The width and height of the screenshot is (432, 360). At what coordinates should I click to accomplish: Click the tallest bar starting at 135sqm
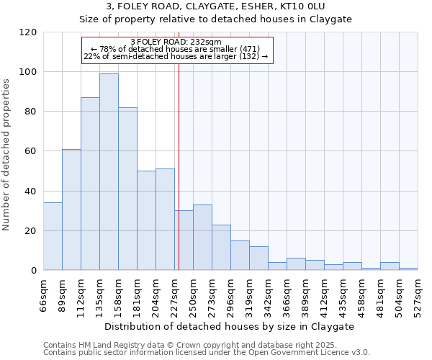point(109,172)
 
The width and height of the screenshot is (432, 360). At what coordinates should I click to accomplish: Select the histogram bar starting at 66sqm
point(53,237)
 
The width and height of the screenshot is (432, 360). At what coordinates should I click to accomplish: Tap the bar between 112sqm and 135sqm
point(90,184)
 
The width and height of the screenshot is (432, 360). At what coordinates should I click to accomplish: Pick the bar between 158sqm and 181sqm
point(127,189)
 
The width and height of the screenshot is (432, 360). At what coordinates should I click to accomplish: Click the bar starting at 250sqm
point(202,238)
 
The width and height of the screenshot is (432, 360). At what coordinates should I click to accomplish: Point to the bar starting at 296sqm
point(240,256)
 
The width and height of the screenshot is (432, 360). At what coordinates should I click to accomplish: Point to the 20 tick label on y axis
point(30,231)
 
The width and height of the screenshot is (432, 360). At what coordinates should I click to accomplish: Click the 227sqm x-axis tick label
point(175,294)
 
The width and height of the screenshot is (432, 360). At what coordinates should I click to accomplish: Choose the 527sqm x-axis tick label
point(418,294)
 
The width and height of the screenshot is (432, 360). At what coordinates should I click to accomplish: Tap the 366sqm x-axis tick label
point(287,294)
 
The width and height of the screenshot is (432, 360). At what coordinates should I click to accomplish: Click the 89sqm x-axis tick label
point(63,293)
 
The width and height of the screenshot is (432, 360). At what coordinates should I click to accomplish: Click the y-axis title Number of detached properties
point(7,155)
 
